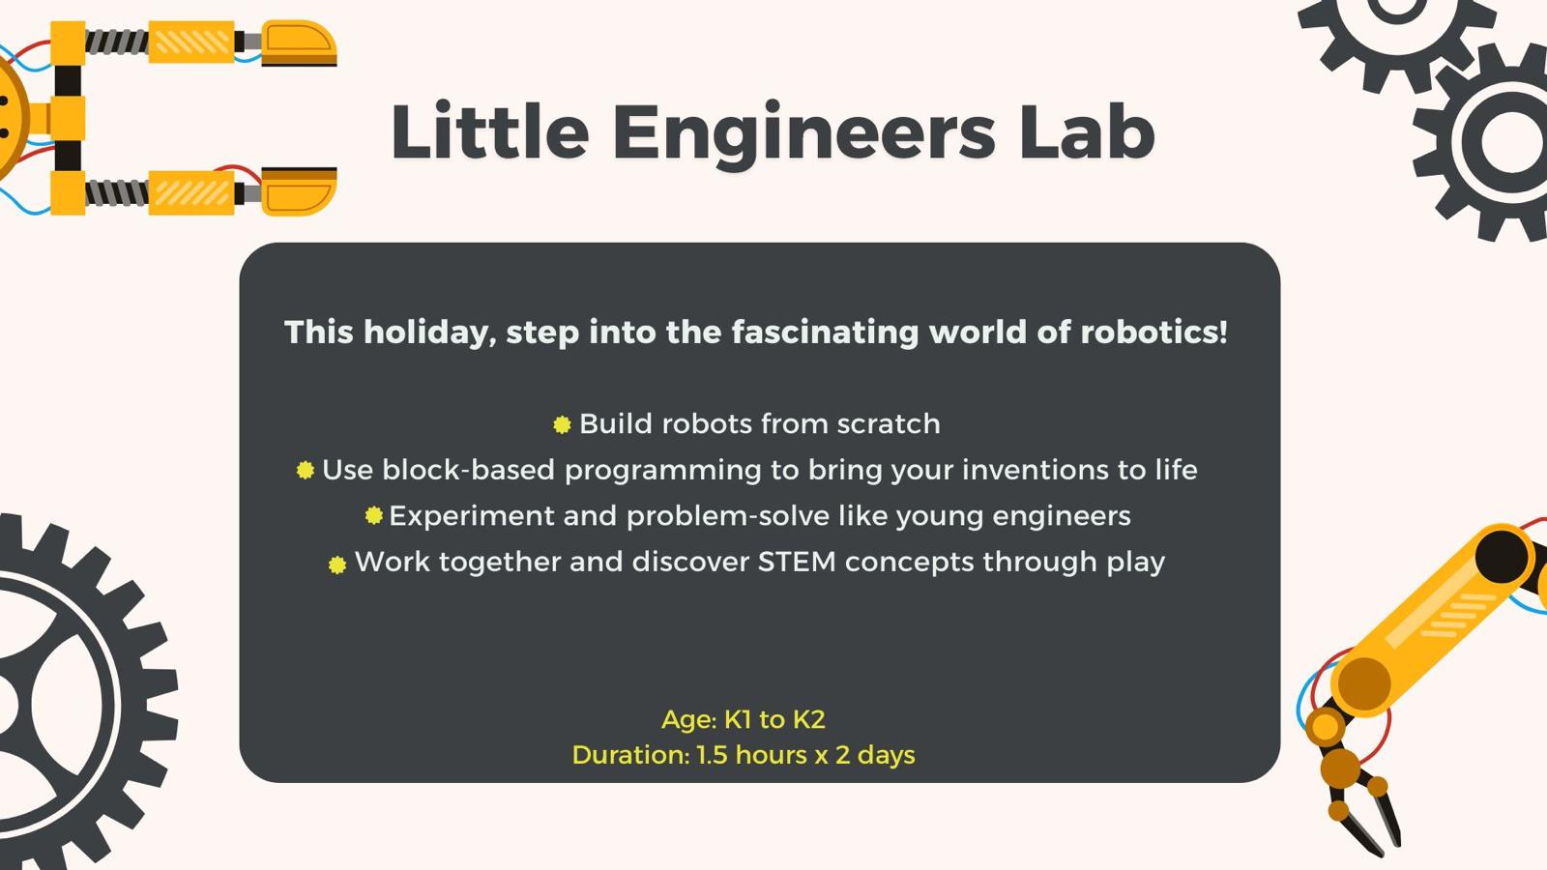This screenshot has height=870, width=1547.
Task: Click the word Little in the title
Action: tap(489, 131)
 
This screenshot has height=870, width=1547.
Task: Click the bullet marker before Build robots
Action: tap(562, 424)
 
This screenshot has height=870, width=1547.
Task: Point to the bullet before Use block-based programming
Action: tap(306, 470)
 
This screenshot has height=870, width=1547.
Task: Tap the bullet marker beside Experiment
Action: tap(373, 515)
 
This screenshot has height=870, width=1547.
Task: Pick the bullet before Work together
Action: tap(337, 565)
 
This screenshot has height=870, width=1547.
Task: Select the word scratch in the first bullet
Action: tap(889, 423)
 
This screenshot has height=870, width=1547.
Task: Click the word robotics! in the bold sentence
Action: tap(1154, 332)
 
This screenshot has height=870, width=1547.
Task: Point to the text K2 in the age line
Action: tap(808, 719)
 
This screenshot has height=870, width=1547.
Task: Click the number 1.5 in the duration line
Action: tap(712, 755)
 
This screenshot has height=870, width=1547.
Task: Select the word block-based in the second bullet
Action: tap(468, 470)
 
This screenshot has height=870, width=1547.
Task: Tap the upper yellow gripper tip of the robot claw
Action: tap(299, 43)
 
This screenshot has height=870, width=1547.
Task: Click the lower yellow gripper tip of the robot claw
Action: tap(299, 191)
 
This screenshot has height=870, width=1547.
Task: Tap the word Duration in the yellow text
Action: tap(630, 755)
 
